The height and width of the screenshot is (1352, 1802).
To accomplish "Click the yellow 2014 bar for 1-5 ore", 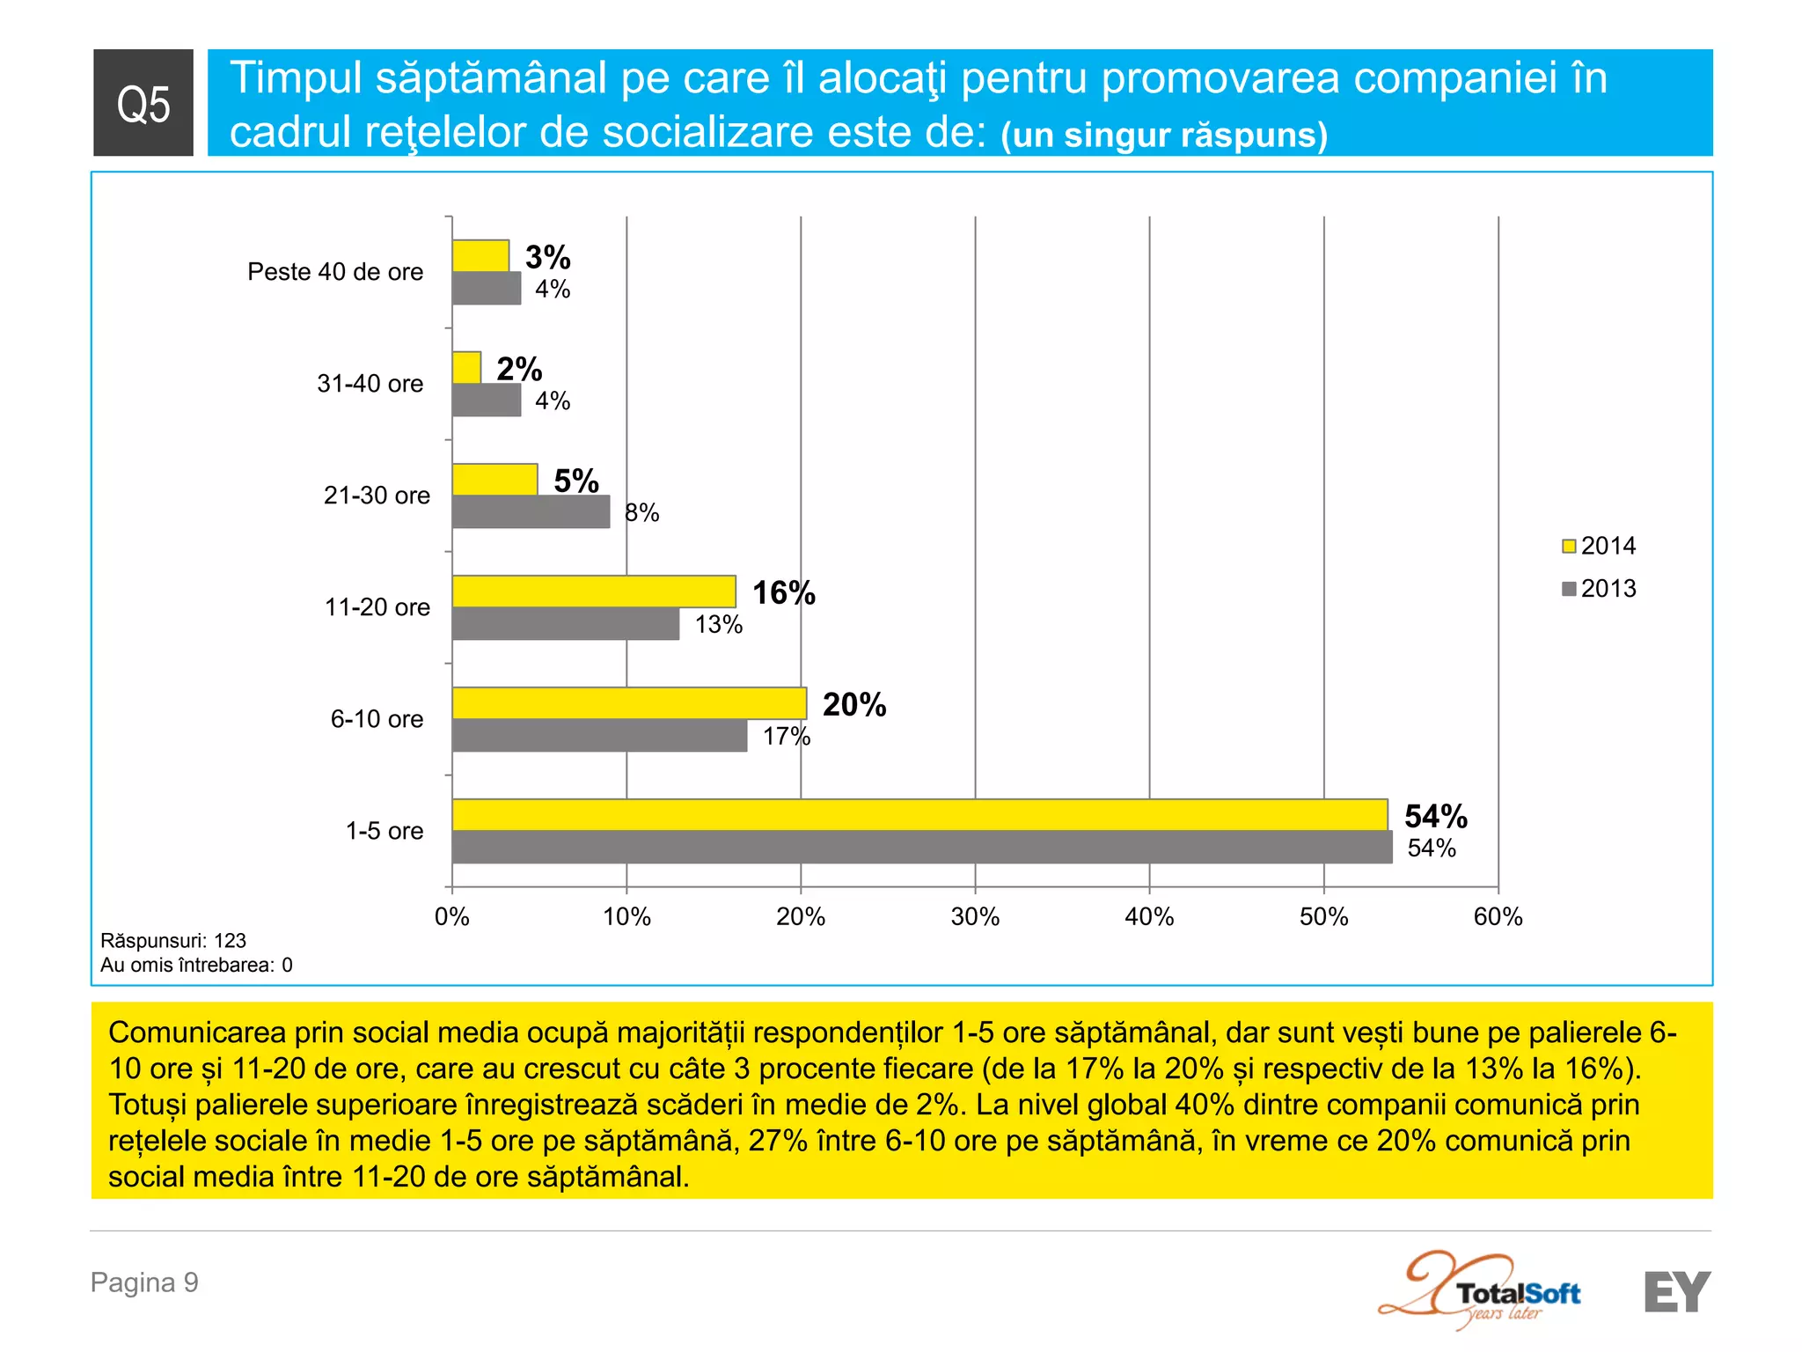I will click(x=919, y=814).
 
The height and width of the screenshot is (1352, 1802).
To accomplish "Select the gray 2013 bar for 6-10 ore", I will click(x=599, y=736).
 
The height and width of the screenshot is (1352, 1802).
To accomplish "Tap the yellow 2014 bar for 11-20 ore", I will click(x=594, y=591).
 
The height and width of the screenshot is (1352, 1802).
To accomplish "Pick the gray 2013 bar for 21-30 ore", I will click(x=531, y=512).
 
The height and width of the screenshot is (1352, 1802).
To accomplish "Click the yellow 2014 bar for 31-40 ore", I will click(x=466, y=367).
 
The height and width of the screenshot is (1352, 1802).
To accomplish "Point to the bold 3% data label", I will click(x=547, y=257).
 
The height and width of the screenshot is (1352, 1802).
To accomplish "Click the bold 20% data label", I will click(x=853, y=704).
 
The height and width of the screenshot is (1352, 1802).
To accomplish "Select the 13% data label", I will click(x=718, y=625).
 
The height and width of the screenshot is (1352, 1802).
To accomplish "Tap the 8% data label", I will click(x=641, y=513).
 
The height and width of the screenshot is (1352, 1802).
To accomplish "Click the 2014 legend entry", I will click(x=1599, y=546).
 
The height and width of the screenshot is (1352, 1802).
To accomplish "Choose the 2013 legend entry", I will click(x=1599, y=588).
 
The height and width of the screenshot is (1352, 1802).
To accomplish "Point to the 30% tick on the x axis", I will click(x=975, y=917).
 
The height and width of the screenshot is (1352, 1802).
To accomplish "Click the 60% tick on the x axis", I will click(x=1498, y=917).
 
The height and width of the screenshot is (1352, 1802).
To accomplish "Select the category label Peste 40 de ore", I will click(x=334, y=272).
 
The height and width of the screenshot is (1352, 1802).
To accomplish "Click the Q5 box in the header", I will click(x=143, y=103).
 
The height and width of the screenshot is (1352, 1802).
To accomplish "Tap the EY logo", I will click(x=1676, y=1291).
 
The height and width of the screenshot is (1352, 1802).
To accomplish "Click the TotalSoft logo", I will click(x=1487, y=1291).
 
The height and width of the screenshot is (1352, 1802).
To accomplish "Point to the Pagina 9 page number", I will click(x=144, y=1282).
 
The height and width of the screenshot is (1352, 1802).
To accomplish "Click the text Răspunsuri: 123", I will click(x=173, y=941).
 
